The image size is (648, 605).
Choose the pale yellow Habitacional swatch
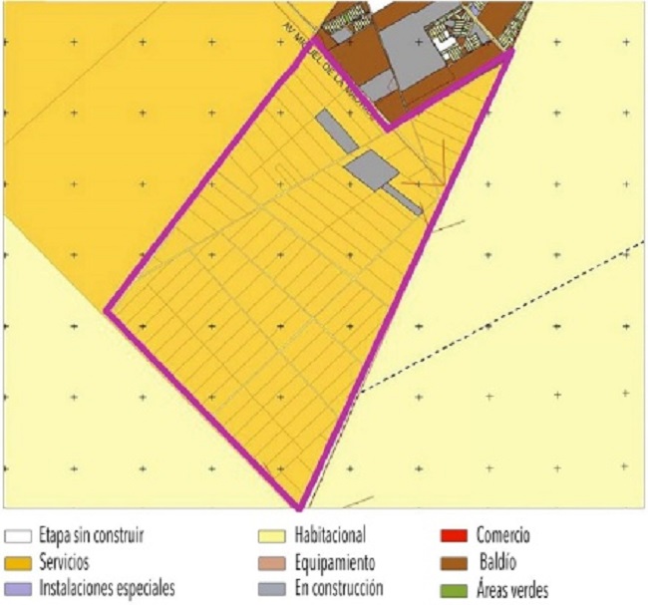[x=271, y=536]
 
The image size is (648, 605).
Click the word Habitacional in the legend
[x=330, y=536]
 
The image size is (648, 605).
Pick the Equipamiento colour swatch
[x=271, y=562]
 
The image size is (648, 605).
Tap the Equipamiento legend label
[x=335, y=562]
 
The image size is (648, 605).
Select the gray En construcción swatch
[x=271, y=589]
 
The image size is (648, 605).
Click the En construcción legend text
[x=339, y=589]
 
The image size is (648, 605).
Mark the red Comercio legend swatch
[x=455, y=536]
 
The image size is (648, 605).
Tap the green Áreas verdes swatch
[x=455, y=589]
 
